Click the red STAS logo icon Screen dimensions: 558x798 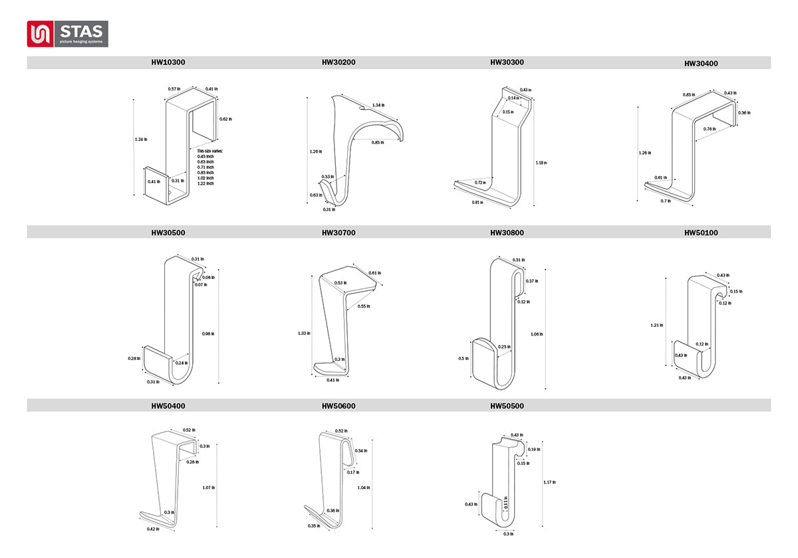(41, 34)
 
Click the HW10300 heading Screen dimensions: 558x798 (168, 62)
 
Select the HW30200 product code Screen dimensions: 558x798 (338, 62)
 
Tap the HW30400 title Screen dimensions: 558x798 (701, 64)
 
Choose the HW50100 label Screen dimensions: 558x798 (701, 233)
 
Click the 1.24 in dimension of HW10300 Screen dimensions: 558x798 (141, 139)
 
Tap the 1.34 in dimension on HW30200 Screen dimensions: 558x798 (378, 105)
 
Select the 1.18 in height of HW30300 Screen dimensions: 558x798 (541, 162)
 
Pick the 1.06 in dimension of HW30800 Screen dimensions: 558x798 (537, 334)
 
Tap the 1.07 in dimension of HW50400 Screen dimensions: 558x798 (208, 488)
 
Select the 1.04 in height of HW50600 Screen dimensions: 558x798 (363, 488)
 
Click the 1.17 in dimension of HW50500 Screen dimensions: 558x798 (549, 482)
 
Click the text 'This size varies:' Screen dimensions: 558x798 (210, 151)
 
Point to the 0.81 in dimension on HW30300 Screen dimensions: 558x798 (477, 202)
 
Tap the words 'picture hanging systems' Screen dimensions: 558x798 (80, 41)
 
